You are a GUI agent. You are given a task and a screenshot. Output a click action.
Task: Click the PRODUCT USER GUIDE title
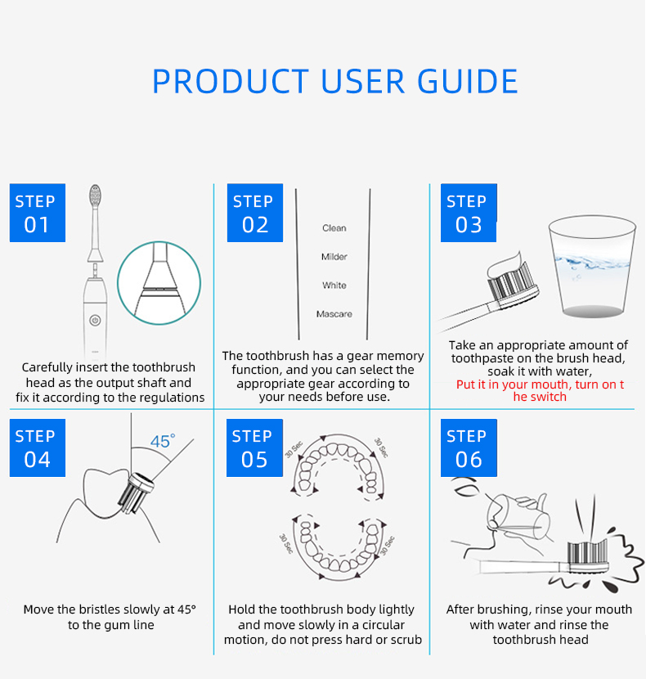tap(335, 82)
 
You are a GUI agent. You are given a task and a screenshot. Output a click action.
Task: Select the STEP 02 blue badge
tap(254, 213)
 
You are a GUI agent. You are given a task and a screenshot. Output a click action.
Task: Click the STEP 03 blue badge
tap(469, 213)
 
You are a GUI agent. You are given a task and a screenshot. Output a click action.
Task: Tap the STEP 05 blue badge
tap(254, 447)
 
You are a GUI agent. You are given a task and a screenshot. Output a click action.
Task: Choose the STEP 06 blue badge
tap(469, 447)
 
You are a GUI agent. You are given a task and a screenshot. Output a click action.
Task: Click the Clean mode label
tap(334, 228)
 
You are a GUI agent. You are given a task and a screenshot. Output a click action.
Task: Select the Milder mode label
tap(334, 257)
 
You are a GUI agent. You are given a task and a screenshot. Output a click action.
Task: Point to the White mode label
tap(334, 286)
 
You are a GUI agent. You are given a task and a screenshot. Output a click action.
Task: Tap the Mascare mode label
tap(334, 314)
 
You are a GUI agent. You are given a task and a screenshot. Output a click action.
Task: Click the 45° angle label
tap(162, 442)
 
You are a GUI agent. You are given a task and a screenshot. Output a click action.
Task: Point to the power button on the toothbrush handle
tap(95, 319)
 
